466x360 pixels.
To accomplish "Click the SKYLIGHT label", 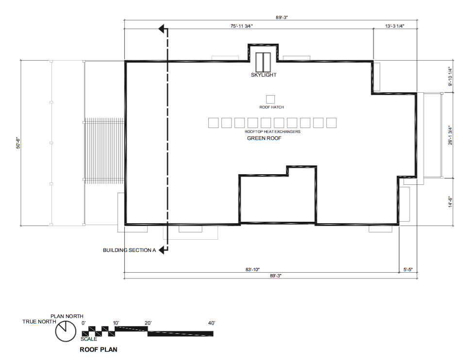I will (x=264, y=75).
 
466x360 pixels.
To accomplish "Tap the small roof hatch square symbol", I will (x=270, y=99).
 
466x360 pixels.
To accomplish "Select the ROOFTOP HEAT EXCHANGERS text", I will (x=272, y=131).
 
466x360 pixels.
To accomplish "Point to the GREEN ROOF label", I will (x=264, y=138).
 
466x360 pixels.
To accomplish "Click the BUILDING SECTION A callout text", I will (x=129, y=250).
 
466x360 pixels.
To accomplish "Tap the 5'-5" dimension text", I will (x=408, y=269).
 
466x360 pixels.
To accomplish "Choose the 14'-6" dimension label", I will (x=450, y=201).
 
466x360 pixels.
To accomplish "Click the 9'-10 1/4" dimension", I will (x=450, y=77).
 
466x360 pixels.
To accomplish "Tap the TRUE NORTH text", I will (x=36, y=322).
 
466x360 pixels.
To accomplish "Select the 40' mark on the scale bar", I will (x=211, y=323).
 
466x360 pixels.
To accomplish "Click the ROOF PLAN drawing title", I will (x=98, y=349).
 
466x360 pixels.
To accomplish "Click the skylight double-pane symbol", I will (x=263, y=61).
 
